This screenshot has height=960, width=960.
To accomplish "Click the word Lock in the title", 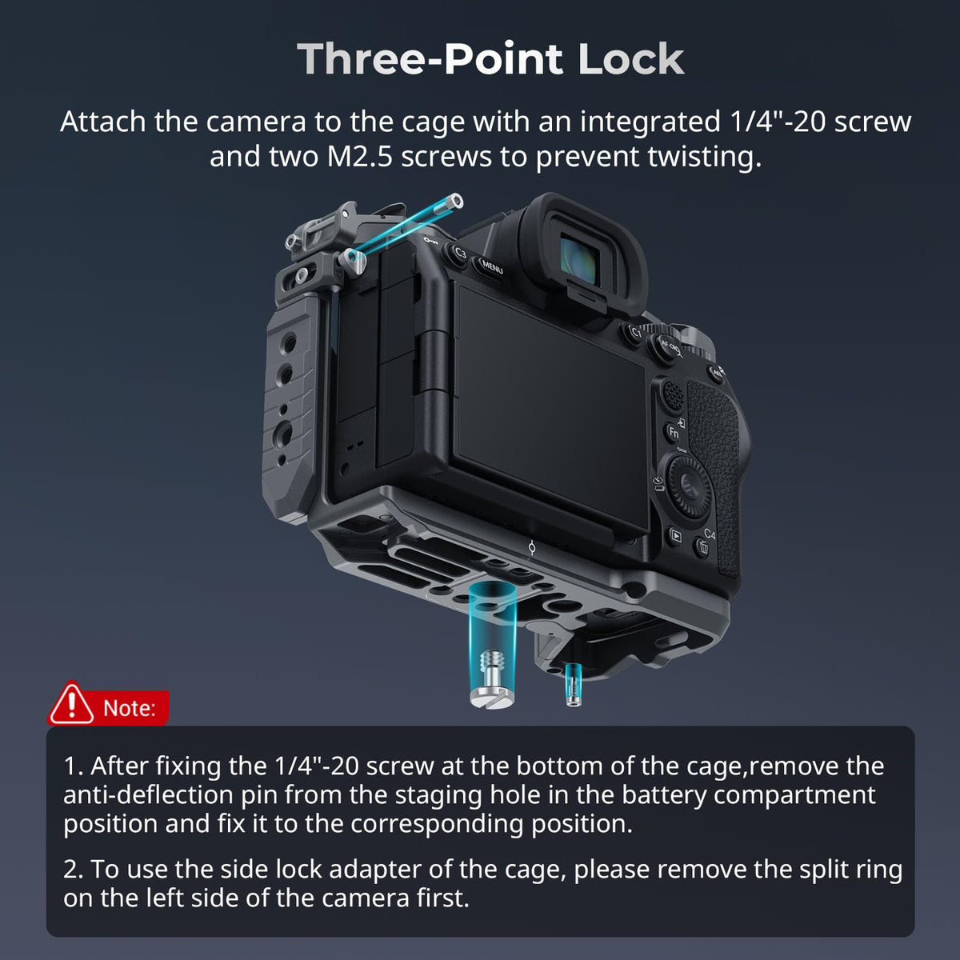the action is point(630,59).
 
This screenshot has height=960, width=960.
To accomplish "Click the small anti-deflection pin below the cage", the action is point(573,685).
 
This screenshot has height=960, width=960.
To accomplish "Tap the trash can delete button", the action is point(702,548).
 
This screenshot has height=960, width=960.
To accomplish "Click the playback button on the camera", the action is point(676,536).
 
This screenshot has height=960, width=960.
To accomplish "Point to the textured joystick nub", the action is point(673,395).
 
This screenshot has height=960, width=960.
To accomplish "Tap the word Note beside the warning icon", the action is point(129,708).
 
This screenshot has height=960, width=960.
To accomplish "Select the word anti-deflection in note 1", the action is point(149,795).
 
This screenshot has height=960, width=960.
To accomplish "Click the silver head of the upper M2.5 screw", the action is point(454,201).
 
